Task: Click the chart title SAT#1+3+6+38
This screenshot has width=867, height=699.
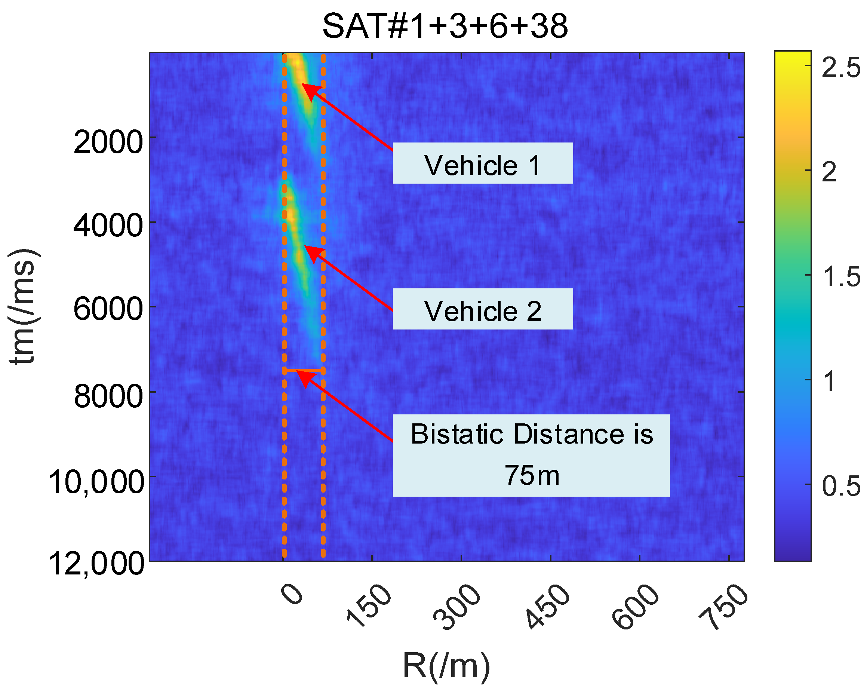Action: [445, 26]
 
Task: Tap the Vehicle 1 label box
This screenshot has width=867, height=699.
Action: [482, 163]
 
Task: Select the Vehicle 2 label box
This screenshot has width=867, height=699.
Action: [482, 309]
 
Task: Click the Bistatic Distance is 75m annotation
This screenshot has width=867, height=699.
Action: [531, 455]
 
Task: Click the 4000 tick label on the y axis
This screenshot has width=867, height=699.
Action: [108, 226]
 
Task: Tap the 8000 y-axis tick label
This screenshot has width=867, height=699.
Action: [108, 396]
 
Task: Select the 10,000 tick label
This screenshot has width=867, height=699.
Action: [96, 482]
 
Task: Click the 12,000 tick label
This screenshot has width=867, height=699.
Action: [96, 564]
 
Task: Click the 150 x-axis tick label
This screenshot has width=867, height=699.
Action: [369, 606]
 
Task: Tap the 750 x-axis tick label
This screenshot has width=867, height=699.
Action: [724, 606]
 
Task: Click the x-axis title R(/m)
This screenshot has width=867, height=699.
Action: [446, 665]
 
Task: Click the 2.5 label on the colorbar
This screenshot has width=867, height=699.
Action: [840, 67]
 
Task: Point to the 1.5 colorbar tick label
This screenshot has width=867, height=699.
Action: [840, 277]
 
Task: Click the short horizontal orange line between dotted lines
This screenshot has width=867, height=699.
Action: [304, 370]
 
